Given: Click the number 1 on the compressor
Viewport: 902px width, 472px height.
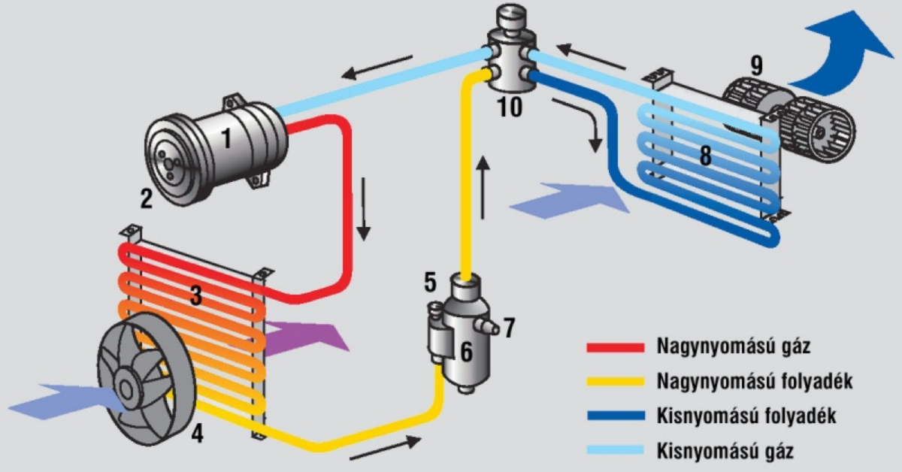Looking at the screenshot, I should (225, 138).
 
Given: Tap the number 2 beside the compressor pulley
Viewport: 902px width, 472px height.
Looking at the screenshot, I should (147, 198).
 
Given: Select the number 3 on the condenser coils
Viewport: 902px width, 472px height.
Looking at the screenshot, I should (196, 295).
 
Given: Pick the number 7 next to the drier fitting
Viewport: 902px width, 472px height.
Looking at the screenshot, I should (510, 328).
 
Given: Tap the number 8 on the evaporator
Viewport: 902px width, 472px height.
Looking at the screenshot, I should (705, 155).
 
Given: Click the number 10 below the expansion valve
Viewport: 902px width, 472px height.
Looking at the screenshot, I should (510, 107).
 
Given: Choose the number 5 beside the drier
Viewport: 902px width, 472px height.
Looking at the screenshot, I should (430, 283).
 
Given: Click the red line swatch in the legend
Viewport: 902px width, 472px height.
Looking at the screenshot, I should (615, 347).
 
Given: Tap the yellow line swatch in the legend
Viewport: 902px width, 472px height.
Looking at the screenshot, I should (615, 382).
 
